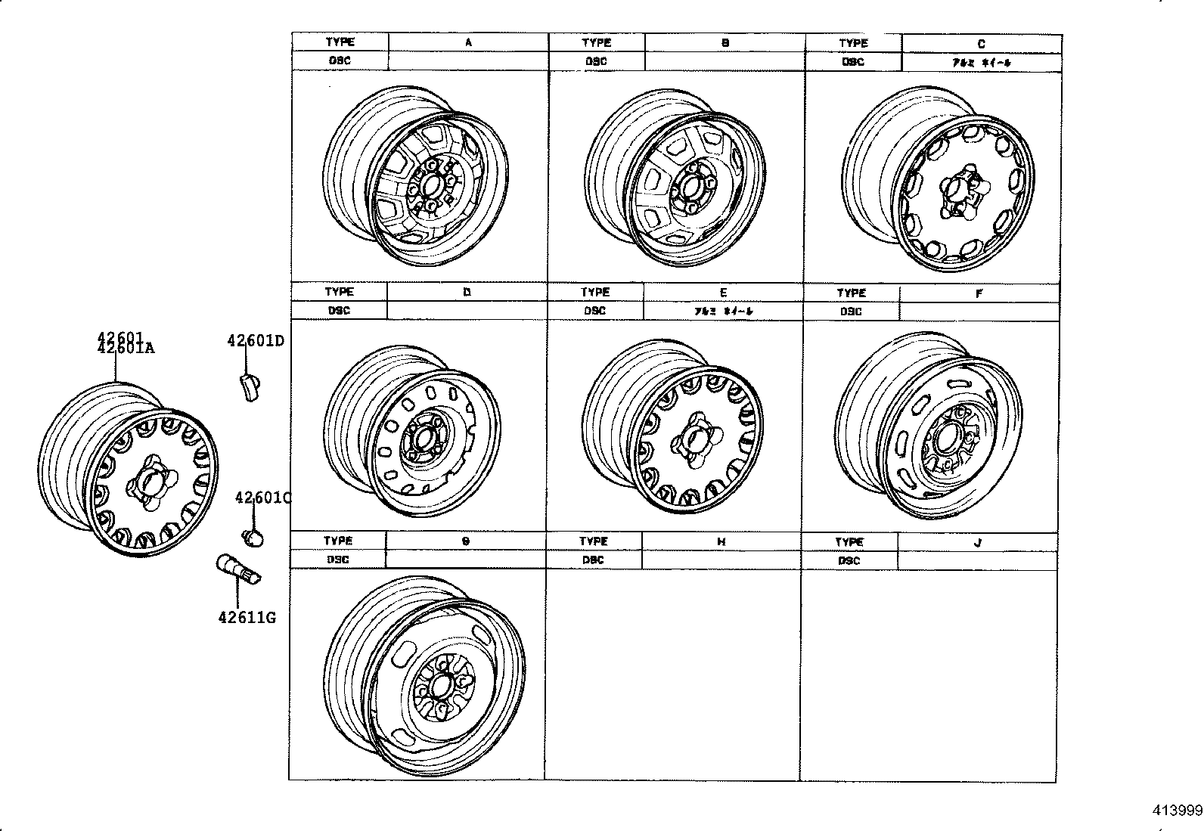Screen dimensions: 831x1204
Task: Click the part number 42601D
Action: [255, 341]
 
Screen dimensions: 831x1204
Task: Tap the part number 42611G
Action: [247, 618]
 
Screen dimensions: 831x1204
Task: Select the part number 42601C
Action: [262, 498]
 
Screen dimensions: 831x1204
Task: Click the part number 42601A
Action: [126, 349]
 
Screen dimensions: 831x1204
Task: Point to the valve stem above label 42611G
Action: [238, 569]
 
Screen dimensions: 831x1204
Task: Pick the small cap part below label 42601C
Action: [253, 538]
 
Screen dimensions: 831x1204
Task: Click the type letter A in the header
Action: [468, 43]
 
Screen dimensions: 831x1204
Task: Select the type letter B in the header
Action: [725, 43]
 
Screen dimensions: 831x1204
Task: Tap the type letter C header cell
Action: [981, 44]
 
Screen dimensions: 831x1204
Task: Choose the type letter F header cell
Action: [979, 293]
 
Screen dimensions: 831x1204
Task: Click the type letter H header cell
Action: [721, 542]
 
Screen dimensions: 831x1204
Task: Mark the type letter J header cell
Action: [977, 542]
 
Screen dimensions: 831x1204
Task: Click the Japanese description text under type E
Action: [723, 311]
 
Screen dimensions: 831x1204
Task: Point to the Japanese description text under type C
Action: [981, 63]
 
